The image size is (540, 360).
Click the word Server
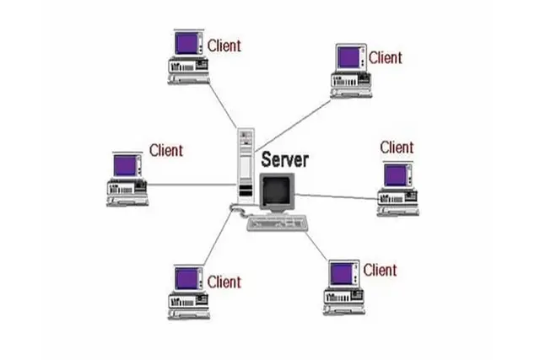tap(284, 159)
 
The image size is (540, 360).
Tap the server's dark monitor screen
tap(276, 191)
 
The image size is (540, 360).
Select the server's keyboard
tap(277, 223)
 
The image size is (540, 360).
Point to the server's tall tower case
tap(246, 166)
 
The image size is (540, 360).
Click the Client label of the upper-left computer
tap(224, 46)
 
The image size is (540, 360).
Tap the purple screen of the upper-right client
tap(348, 57)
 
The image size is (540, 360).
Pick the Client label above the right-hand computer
tap(397, 148)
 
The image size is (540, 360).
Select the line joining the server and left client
tap(192, 185)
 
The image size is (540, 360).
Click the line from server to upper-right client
tap(293, 126)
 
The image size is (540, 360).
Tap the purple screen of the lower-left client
tap(187, 278)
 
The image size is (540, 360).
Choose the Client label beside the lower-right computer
tap(380, 270)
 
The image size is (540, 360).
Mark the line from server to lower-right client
tap(316, 246)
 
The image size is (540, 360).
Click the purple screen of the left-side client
tap(125, 165)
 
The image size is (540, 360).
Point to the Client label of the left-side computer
tap(165, 150)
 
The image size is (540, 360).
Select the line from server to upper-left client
tap(223, 105)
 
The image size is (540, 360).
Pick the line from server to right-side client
tap(337, 197)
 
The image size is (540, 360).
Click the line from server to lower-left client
tap(219, 238)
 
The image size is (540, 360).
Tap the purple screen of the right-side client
tap(396, 175)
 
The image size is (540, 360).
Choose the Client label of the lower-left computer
tap(224, 282)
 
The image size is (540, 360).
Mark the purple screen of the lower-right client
tap(342, 274)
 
